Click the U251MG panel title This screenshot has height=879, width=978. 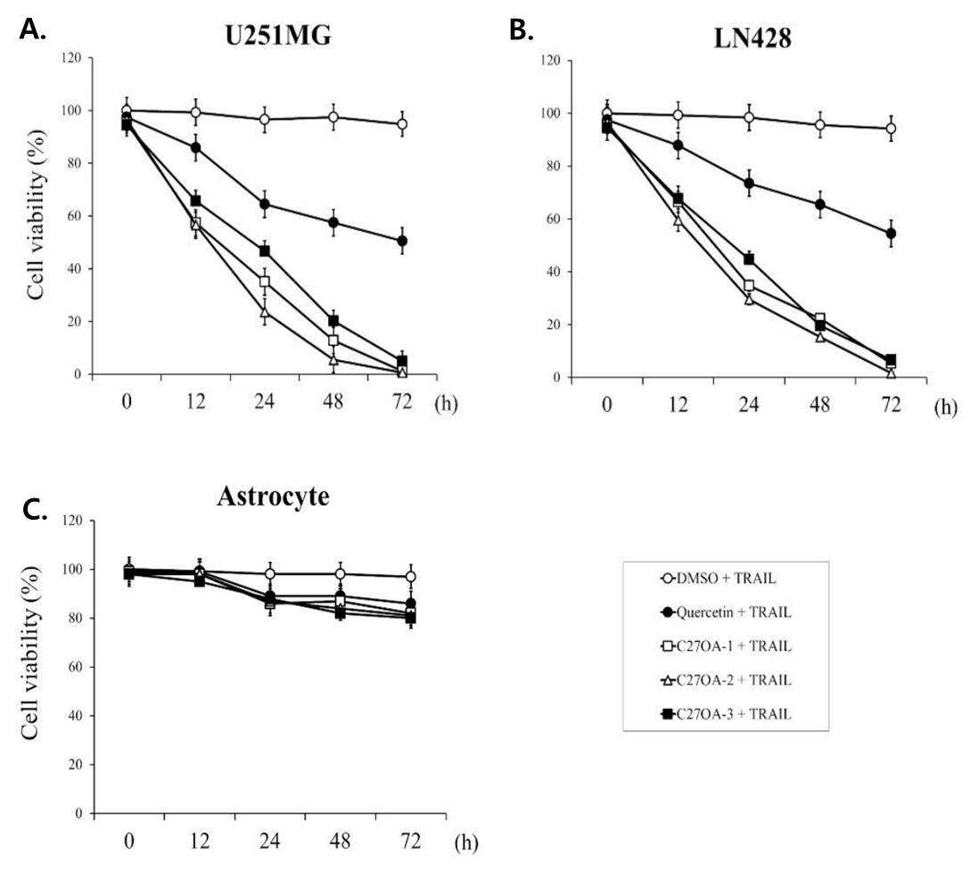pyautogui.click(x=278, y=37)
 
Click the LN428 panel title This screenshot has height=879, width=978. pyautogui.click(x=752, y=38)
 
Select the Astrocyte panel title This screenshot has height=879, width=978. pyautogui.click(x=273, y=497)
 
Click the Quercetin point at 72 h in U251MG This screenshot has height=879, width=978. pyautogui.click(x=402, y=241)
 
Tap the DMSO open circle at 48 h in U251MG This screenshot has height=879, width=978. pyautogui.click(x=333, y=118)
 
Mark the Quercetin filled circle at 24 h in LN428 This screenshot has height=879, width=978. pyautogui.click(x=749, y=184)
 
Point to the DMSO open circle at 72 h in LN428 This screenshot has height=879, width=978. pyautogui.click(x=891, y=128)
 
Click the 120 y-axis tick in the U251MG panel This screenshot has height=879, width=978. pyautogui.click(x=71, y=58)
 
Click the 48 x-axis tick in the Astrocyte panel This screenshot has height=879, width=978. pyautogui.click(x=340, y=842)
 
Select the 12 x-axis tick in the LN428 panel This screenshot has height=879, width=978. pyautogui.click(x=678, y=405)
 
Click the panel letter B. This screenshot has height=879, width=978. pyautogui.click(x=521, y=30)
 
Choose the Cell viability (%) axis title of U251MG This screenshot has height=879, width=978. pyautogui.click(x=37, y=215)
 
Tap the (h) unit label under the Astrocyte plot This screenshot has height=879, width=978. pyautogui.click(x=465, y=843)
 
